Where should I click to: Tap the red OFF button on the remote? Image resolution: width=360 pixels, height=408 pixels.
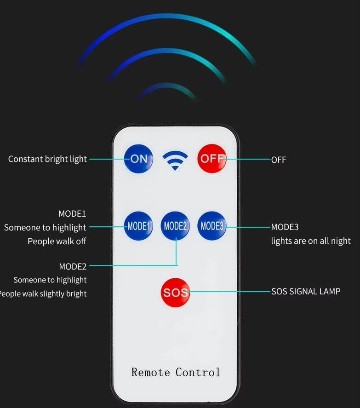coord(212,159)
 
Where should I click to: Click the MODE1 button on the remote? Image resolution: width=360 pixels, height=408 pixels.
coord(138,225)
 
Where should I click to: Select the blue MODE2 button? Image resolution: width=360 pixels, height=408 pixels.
coord(175,225)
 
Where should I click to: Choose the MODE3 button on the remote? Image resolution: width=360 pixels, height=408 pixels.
coord(212,225)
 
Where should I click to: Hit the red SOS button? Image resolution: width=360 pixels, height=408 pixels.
coord(175,293)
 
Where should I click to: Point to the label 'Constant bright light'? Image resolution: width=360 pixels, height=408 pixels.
coord(47,159)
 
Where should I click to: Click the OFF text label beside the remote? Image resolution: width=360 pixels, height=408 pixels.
coord(279,160)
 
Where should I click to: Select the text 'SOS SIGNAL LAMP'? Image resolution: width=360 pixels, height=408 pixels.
coord(306,292)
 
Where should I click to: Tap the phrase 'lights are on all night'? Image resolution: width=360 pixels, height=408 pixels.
coord(311,241)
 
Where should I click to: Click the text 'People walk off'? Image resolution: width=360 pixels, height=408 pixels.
coord(57,241)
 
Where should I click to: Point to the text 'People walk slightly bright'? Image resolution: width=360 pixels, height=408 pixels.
coord(43,294)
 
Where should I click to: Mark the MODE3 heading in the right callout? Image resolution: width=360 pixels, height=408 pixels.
coord(285,227)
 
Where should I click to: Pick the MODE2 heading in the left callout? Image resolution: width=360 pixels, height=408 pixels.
coord(73,266)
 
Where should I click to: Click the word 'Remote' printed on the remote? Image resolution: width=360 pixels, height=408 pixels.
coord(151,372)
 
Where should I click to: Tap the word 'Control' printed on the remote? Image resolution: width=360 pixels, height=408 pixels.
coord(198,372)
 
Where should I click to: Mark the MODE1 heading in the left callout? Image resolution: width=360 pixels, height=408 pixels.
coord(72,213)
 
